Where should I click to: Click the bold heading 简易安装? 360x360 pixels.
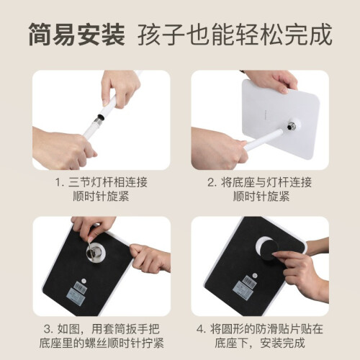[x=77, y=35]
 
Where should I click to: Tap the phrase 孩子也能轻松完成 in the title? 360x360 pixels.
[x=235, y=35]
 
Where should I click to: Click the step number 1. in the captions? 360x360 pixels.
[x=60, y=182]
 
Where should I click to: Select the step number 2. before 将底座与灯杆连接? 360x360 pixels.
[x=212, y=182]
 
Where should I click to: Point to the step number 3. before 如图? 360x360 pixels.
[x=48, y=329]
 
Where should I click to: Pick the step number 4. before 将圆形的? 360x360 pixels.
[x=201, y=329]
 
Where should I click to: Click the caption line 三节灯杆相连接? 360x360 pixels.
[x=108, y=182]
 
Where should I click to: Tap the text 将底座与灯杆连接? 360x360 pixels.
[x=266, y=182]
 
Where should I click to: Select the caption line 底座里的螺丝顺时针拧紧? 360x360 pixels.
[x=102, y=343]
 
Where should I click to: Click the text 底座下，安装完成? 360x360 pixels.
[x=260, y=343]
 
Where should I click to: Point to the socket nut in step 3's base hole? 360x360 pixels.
[x=93, y=251]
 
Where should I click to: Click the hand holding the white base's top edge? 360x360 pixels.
[x=271, y=81]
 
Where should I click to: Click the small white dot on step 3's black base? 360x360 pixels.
[x=84, y=281]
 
